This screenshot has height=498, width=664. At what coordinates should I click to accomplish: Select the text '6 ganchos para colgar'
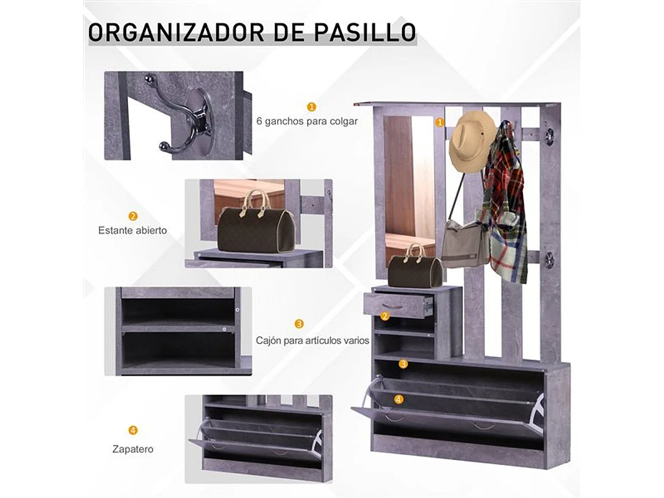(x=307, y=121)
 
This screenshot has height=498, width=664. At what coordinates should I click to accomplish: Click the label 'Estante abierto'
(x=132, y=230)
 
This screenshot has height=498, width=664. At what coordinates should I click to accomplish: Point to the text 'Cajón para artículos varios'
(x=312, y=340)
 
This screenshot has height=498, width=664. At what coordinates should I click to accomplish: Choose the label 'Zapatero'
(x=132, y=449)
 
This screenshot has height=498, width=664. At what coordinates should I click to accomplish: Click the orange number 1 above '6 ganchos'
(x=312, y=106)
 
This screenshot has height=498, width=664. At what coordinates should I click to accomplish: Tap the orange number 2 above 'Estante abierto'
(x=133, y=216)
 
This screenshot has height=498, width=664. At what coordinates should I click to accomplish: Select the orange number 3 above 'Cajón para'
(x=299, y=324)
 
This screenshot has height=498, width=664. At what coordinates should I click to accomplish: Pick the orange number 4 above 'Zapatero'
(x=133, y=430)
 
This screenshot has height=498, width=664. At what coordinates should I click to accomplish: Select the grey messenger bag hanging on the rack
(x=465, y=243)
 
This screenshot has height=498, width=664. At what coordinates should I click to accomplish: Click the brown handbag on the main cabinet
(x=415, y=269)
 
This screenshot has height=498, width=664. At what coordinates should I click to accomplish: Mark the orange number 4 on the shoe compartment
(x=399, y=398)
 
